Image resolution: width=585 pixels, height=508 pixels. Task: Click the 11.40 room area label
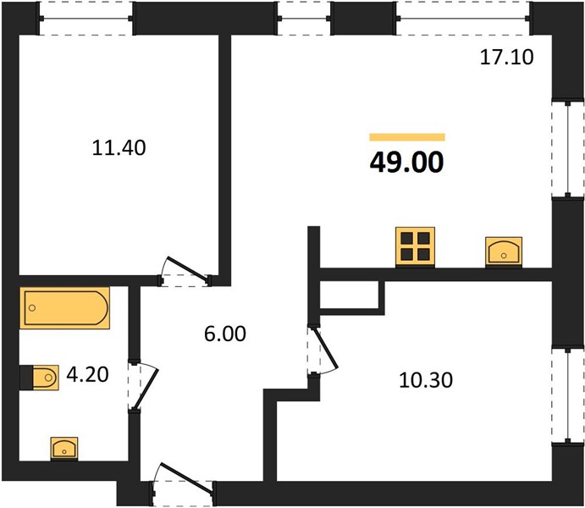point(119,147)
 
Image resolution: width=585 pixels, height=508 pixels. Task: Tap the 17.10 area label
point(506,58)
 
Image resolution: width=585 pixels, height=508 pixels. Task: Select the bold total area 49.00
point(406,163)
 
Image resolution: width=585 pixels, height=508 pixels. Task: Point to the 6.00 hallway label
point(225,334)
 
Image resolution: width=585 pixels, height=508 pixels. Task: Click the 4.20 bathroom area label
point(87,374)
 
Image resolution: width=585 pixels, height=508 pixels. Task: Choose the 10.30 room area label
point(426,380)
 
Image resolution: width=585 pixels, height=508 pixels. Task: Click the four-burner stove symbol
point(415,246)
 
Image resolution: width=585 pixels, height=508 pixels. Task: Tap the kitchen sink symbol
point(504,252)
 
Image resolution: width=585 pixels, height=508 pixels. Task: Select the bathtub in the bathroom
point(65,308)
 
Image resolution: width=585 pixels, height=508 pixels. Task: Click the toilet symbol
point(40,378)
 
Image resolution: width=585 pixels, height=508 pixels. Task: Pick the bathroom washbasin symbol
point(64,449)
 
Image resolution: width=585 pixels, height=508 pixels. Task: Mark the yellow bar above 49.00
point(407,137)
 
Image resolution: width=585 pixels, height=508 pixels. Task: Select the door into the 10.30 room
point(323,351)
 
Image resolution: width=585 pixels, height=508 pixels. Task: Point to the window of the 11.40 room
point(86,19)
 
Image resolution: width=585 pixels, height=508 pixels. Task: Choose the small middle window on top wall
point(304,19)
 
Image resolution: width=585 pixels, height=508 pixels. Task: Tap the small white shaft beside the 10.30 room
point(350,295)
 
